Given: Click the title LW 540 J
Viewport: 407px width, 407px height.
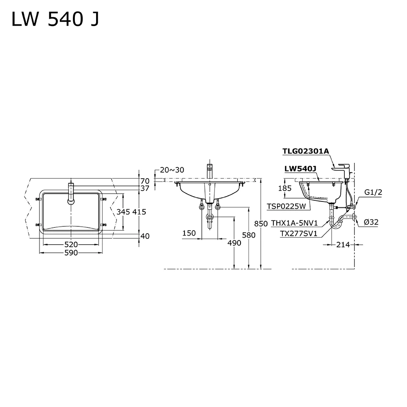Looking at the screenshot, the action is click(x=55, y=20).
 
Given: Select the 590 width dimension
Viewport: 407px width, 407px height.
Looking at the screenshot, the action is click(x=71, y=253).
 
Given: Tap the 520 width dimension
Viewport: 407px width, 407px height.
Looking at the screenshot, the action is click(x=71, y=245).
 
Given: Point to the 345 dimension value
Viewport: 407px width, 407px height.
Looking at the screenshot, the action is click(x=123, y=212).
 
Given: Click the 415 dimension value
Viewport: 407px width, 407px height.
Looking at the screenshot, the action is click(x=139, y=212).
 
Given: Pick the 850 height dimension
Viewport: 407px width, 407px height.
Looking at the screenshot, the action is click(x=261, y=223).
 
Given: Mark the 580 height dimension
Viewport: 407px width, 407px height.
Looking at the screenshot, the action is click(x=249, y=235).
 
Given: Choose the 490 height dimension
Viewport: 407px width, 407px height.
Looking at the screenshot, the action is click(x=234, y=243).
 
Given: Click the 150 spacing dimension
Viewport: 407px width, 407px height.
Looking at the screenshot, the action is click(x=189, y=233).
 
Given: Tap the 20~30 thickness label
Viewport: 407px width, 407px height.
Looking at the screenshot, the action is click(x=172, y=170).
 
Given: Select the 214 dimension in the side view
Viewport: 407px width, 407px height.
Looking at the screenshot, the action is click(x=343, y=245).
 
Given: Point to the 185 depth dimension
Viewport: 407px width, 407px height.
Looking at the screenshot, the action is click(x=285, y=188).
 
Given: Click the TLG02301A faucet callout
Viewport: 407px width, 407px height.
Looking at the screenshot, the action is click(x=306, y=151).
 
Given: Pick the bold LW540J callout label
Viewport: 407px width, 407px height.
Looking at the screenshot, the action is click(x=300, y=169).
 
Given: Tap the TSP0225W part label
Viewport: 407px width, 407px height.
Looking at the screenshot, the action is click(x=287, y=206).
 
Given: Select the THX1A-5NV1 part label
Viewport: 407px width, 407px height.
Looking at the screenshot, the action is click(x=295, y=223).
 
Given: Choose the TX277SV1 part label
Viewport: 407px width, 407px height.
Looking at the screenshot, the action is click(x=298, y=234).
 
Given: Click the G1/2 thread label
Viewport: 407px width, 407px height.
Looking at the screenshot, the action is click(x=373, y=193).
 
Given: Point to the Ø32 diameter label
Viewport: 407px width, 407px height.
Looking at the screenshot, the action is click(x=371, y=222).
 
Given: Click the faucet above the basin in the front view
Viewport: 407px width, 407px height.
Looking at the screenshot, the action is click(x=209, y=171).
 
